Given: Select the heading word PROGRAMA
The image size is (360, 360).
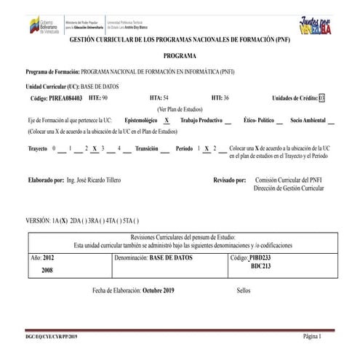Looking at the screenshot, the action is [x=179, y=55].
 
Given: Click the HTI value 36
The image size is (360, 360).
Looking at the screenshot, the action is [x=225, y=97].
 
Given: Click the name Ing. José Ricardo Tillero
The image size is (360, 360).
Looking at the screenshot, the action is [x=94, y=180].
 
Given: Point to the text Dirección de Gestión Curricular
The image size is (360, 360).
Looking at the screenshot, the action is [x=289, y=188].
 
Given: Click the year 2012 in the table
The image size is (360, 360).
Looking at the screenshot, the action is [x=48, y=257].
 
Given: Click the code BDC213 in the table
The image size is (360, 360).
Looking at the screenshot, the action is [x=260, y=266].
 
